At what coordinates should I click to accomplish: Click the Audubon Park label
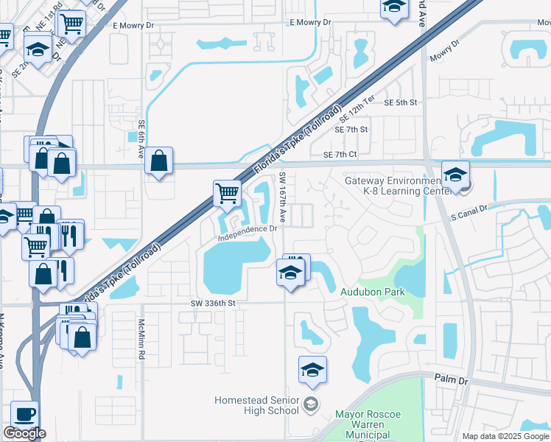(x=373, y=292)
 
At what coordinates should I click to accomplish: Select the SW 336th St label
(x=212, y=303)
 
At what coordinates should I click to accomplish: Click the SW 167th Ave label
(x=283, y=197)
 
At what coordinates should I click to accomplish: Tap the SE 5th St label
(x=401, y=103)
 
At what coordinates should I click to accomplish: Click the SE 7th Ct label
(x=340, y=155)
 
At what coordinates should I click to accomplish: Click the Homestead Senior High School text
(x=256, y=405)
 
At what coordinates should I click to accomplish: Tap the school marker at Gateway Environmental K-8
(x=455, y=175)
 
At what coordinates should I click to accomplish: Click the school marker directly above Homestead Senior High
(x=312, y=370)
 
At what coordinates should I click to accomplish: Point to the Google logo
(x=24, y=433)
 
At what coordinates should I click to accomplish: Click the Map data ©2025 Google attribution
(x=505, y=436)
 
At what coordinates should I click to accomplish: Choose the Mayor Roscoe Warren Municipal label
(x=368, y=420)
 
